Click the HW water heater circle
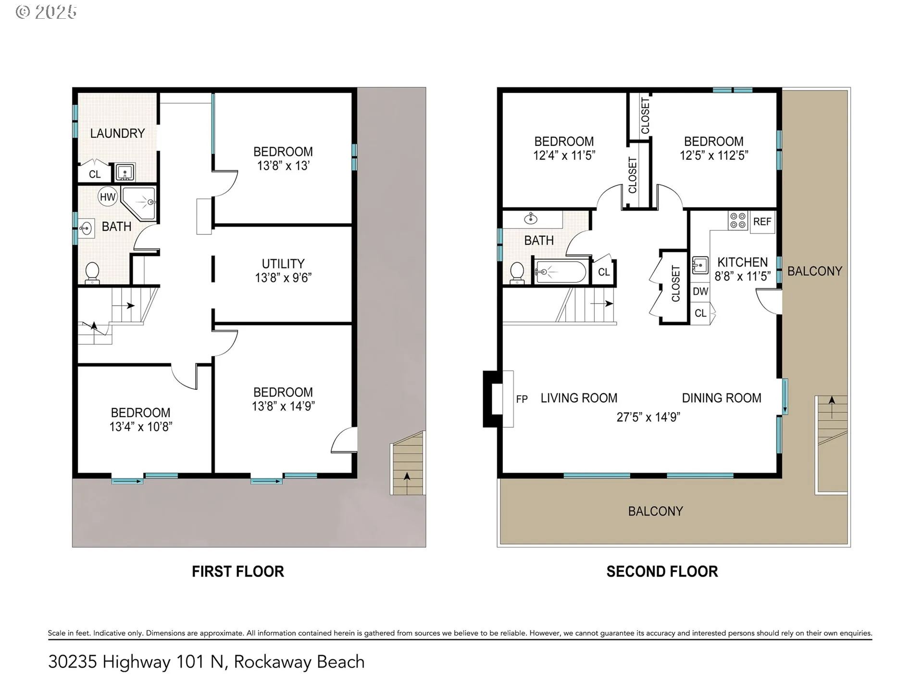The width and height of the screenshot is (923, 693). (x=108, y=196)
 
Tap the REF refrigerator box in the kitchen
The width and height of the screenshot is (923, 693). (x=762, y=222)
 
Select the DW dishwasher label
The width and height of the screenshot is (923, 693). (x=700, y=291)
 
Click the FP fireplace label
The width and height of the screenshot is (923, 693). (x=522, y=399)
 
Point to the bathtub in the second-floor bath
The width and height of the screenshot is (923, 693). (x=561, y=272)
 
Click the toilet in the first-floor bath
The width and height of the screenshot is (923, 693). (x=92, y=273)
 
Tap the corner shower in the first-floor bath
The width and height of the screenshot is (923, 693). (x=139, y=203)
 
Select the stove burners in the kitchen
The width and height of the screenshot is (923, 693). (x=738, y=220)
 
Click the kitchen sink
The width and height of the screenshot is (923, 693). (x=700, y=265)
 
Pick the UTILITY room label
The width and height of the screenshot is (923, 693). (x=283, y=264)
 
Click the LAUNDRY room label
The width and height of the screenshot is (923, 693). (x=117, y=133)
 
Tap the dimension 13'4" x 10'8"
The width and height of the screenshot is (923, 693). (x=141, y=426)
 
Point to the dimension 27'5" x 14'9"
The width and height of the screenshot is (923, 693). (x=648, y=417)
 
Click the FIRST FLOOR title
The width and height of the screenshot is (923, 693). (x=238, y=571)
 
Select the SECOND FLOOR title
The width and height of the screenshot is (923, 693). (x=662, y=571)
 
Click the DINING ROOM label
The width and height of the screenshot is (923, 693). (x=722, y=398)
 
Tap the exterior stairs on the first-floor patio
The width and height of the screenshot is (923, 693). (x=408, y=463)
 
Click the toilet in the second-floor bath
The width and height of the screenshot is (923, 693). (x=517, y=272)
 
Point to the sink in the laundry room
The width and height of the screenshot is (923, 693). (x=125, y=172)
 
